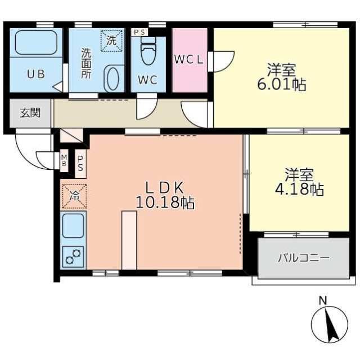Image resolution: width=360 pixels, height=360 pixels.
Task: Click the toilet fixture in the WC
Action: point(148,51)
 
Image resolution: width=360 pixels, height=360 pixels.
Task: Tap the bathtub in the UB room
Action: point(36,43)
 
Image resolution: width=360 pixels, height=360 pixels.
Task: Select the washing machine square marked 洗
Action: point(111,40)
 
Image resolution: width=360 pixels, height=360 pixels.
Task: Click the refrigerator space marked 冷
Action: point(74,196)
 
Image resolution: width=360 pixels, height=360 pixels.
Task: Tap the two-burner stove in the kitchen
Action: point(73,257)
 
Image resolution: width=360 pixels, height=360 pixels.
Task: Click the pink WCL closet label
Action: point(189,60)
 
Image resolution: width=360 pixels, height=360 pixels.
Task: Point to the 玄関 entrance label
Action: point(30,113)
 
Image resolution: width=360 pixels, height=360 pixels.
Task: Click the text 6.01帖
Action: point(281,84)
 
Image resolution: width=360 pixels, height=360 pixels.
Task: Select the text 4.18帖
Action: point(299,190)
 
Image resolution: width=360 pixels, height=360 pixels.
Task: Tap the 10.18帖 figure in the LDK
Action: point(165,202)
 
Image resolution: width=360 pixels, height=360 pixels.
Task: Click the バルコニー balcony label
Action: point(304,258)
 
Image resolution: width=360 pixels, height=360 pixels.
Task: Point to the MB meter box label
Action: point(64,160)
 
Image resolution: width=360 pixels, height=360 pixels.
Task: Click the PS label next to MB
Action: point(80,164)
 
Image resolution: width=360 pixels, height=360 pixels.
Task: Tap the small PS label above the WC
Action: point(139,33)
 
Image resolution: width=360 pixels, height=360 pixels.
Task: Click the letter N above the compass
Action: point(323,301)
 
